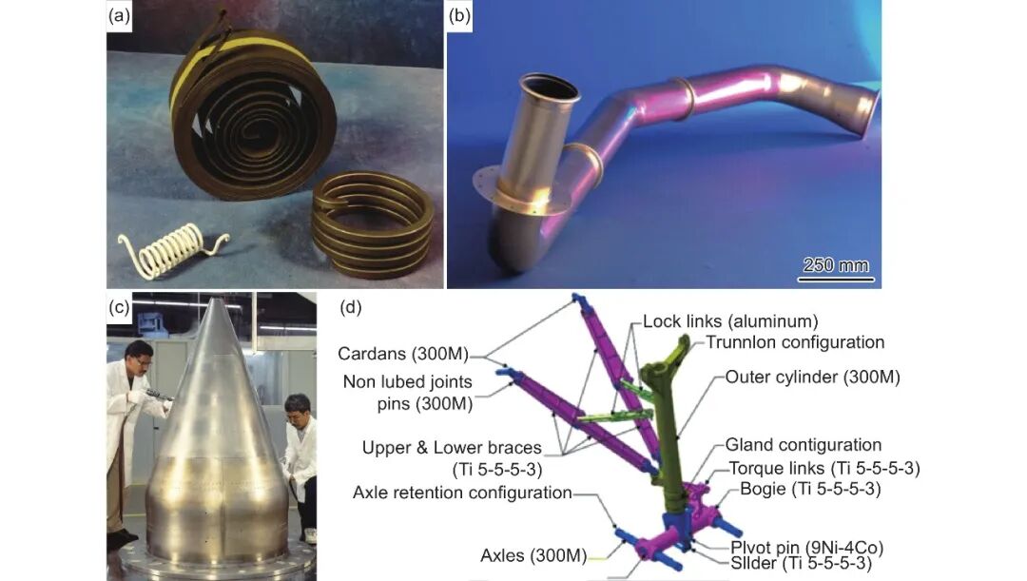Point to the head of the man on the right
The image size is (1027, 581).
point(298,410)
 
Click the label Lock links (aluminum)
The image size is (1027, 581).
point(730,320)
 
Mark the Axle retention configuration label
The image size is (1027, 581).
point(462,493)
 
